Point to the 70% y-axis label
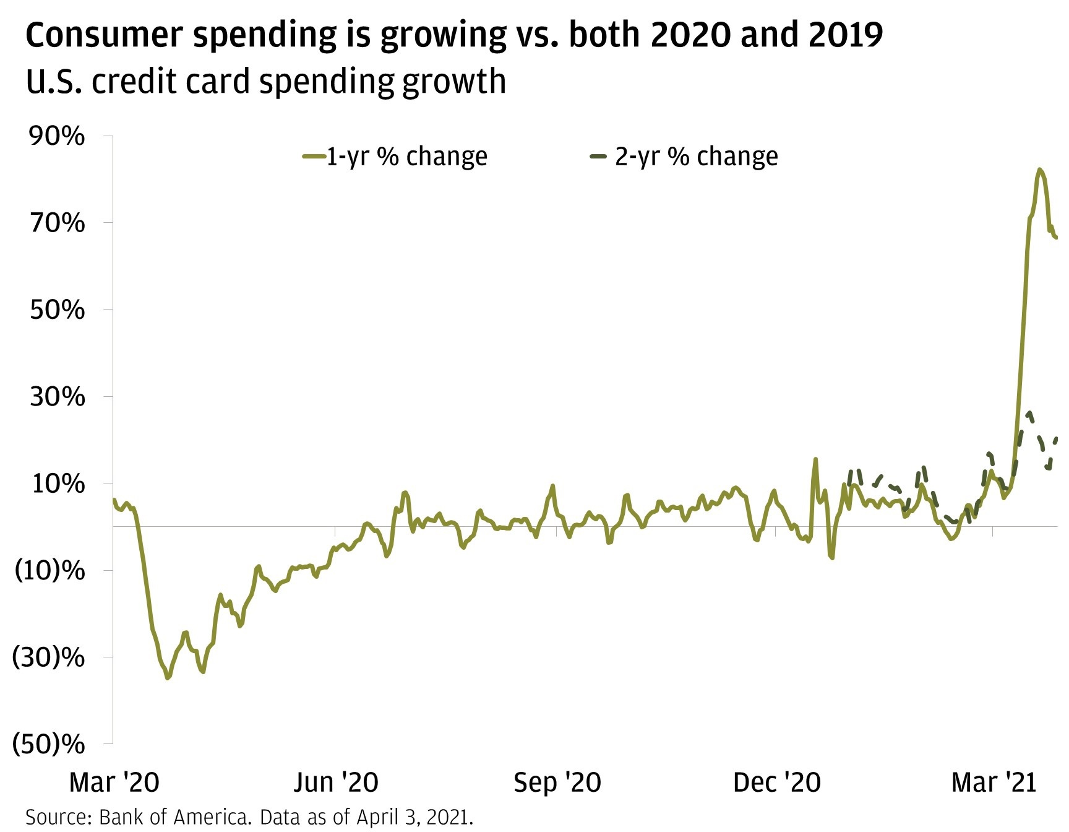point(58,223)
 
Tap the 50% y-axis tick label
point(58,310)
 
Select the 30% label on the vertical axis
point(58,397)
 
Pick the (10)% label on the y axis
point(49,570)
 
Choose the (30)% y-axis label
point(49,657)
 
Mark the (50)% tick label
point(49,744)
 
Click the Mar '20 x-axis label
point(114,782)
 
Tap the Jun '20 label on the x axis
point(336,782)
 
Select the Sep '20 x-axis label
point(557,782)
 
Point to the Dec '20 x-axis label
point(777,782)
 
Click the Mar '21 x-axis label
point(994,782)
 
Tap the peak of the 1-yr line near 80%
point(1040,170)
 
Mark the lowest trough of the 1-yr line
point(167,678)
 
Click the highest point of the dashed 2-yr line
point(1029,412)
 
